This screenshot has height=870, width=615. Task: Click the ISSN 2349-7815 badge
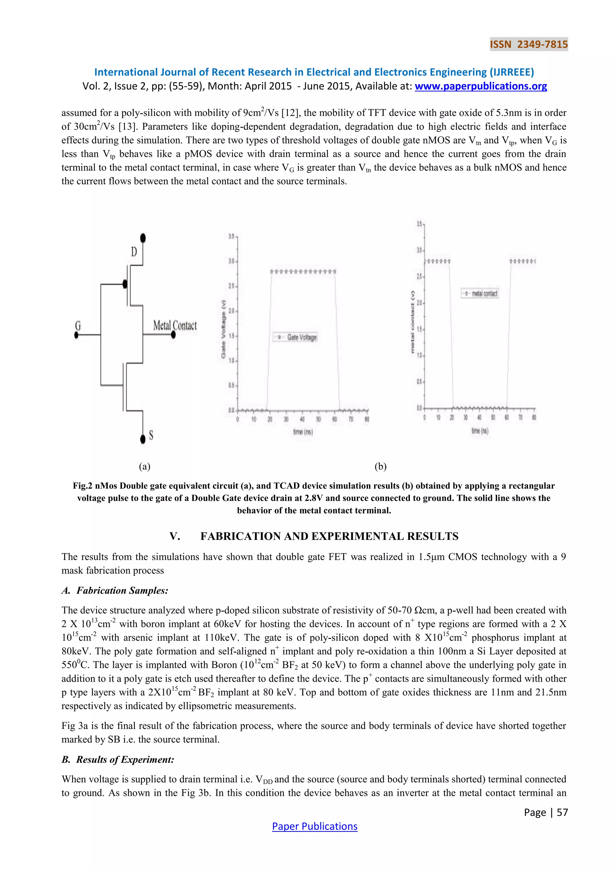coord(529,44)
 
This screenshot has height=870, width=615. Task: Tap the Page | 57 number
coord(546,812)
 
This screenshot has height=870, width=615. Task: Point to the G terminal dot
coord(77,335)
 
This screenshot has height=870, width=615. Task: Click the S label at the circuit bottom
coord(151,435)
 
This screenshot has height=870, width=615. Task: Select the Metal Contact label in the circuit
coord(175,325)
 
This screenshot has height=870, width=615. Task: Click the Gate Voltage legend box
coord(295,337)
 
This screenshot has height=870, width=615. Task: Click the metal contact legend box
coord(480,293)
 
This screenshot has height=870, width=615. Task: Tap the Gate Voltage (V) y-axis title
coord(223,329)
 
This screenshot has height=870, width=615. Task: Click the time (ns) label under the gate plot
coord(303,432)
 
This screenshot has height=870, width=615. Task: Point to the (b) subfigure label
coord(380,467)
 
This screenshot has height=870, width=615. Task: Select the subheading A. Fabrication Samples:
coord(115,590)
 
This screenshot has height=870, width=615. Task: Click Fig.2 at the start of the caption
coord(83,486)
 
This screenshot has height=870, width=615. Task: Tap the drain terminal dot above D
coord(143,238)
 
